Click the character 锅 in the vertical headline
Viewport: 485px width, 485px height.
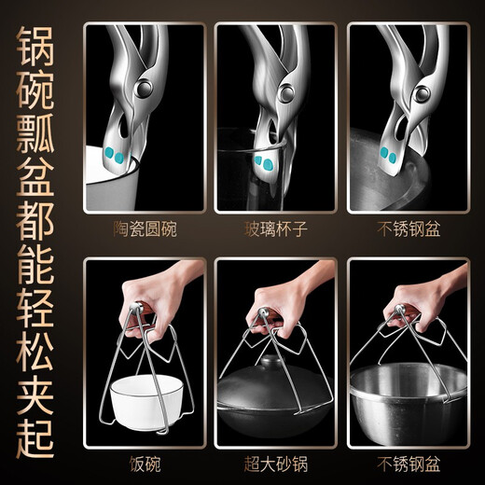tap(39, 49)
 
